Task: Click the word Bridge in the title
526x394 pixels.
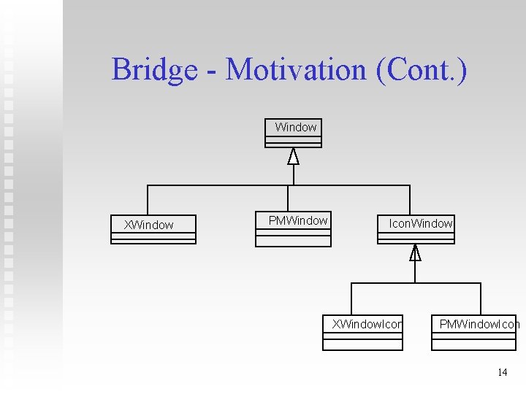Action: coord(154,70)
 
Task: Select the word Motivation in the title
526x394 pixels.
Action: coord(296,70)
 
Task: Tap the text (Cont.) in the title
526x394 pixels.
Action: coord(422,70)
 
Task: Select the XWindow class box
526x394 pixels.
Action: coord(153,229)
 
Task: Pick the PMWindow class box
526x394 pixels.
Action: coord(293,229)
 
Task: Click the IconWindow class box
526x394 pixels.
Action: coord(416,229)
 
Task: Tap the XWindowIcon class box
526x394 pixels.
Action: coord(362,333)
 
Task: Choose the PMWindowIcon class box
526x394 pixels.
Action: coord(474,333)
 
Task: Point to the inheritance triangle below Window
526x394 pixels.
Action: coord(294,156)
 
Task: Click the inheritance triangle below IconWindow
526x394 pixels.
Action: coord(415,252)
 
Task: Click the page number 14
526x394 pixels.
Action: coord(502,372)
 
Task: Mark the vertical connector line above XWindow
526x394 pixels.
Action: coord(148,200)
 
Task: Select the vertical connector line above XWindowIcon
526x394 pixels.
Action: coord(351,298)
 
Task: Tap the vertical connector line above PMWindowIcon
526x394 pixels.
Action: coord(480,298)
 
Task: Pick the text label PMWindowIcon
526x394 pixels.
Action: coord(479,324)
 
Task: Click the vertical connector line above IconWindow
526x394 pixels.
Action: coord(410,200)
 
